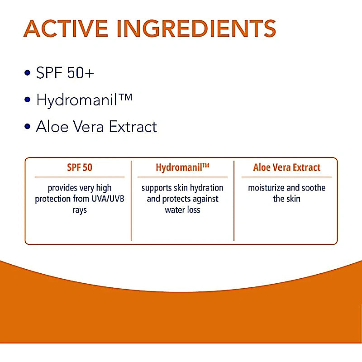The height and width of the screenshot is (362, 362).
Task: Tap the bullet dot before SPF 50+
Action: (x=28, y=73)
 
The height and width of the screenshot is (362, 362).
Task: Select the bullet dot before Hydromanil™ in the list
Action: (x=28, y=100)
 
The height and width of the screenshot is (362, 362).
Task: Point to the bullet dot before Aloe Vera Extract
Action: (x=28, y=126)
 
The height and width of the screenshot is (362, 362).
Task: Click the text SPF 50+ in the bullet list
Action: (x=65, y=73)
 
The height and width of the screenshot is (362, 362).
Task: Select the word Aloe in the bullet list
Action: (x=50, y=126)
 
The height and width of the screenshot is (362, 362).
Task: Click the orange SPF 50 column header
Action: (x=80, y=167)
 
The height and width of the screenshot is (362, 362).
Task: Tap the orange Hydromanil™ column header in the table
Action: (x=182, y=167)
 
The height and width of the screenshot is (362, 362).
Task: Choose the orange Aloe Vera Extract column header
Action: (x=286, y=167)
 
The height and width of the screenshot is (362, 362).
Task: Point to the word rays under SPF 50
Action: (x=80, y=210)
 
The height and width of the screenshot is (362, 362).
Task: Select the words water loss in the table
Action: (x=182, y=210)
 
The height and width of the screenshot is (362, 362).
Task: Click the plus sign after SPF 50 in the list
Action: (x=89, y=73)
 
